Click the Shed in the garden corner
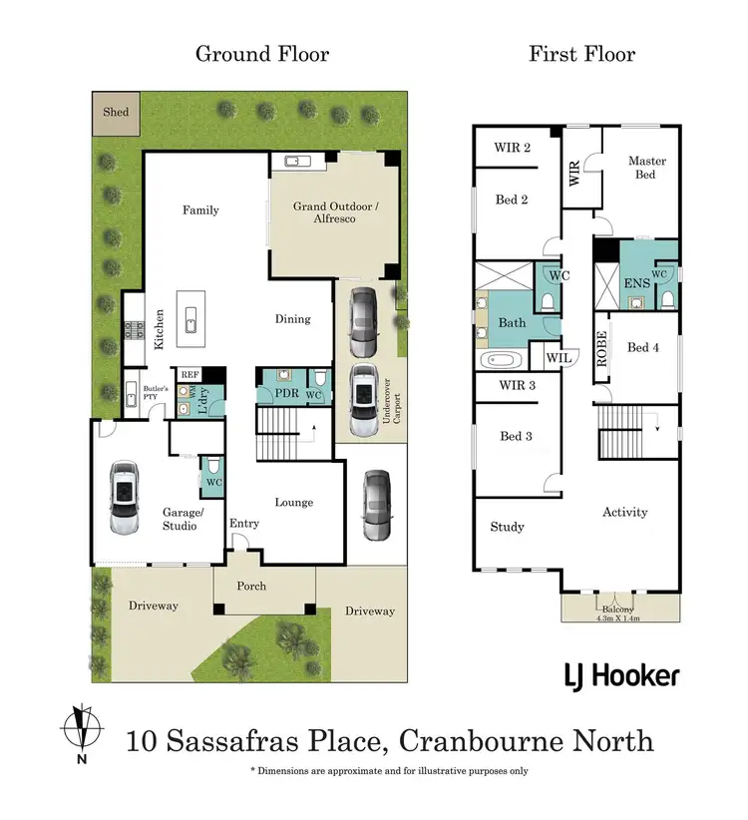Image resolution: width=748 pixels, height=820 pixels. pos(117,113)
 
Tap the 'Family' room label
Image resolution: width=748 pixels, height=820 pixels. pos(200,210)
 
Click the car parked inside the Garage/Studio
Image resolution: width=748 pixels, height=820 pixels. pos(124,496)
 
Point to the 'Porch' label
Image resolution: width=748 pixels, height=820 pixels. pos(251,586)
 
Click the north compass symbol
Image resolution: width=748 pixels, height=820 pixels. pos(82,731)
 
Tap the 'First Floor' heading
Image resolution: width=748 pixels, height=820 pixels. pos(581,54)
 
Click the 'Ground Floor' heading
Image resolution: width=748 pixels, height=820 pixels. pos(261,54)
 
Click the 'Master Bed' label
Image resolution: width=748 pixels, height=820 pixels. pos(646,168)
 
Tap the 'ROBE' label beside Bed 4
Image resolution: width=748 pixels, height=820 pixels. pos(600,351)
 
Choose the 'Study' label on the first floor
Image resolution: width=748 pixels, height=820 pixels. pos(507,527)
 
